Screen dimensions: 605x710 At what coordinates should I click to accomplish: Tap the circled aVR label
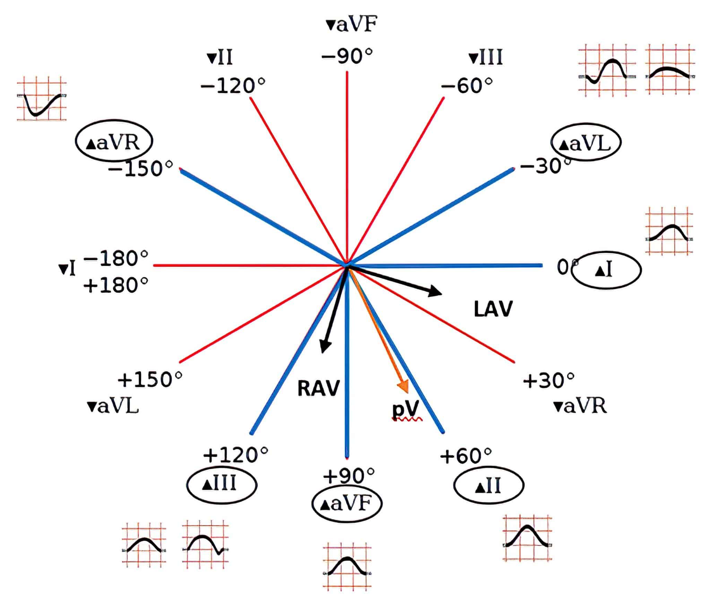pos(114,142)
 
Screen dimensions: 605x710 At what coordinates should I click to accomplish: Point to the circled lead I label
pos(606,270)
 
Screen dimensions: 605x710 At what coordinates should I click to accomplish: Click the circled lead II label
pos(488,485)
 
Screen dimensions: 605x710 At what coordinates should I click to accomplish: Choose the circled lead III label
pos(222,484)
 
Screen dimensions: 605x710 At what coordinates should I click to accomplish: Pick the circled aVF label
pos(347,504)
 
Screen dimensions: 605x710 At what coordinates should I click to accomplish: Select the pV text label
pos(406,408)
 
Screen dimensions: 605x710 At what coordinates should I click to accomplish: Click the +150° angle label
pos(150,379)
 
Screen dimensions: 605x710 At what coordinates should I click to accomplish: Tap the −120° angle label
pos(233,85)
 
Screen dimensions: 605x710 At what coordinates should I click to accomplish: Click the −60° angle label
pos(467,85)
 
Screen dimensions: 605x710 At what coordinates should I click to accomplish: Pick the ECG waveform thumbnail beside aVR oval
pos(42,99)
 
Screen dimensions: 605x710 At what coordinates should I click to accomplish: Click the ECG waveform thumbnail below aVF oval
pos(347,566)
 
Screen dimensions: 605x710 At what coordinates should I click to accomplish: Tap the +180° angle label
pos(116,285)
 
